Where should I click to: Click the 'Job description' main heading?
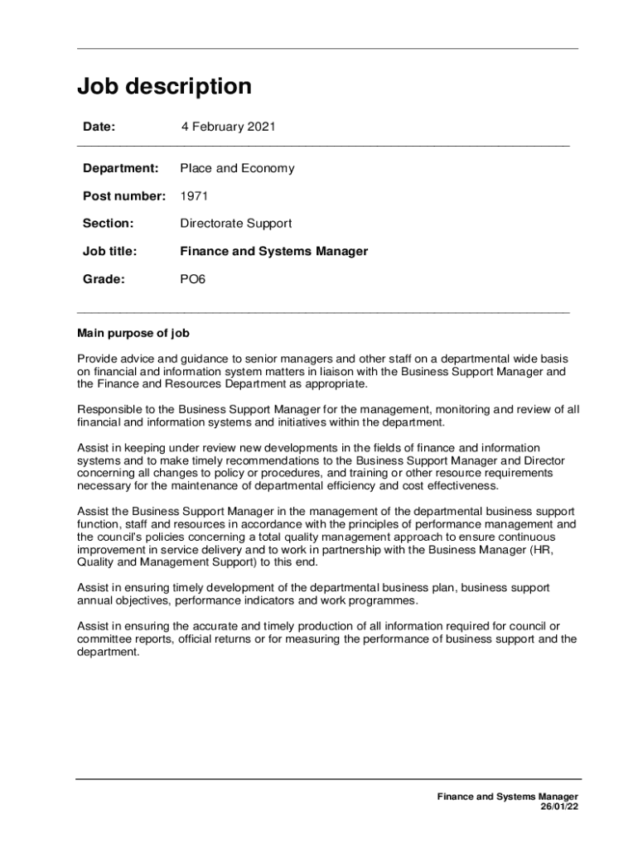coord(164,87)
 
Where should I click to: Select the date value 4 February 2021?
coord(228,127)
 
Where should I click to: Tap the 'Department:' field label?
coord(120,168)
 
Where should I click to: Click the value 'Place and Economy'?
coord(237,168)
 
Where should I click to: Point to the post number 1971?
coord(194,196)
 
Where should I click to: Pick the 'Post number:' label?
coord(123,196)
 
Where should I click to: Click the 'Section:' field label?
coord(108,224)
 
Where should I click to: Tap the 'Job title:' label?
coord(109,251)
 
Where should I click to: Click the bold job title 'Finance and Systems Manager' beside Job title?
coord(274,251)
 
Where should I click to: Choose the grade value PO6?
coord(192,279)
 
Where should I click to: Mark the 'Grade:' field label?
coord(104,279)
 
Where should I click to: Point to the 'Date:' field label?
coord(99,127)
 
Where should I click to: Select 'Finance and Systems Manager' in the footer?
coord(508,797)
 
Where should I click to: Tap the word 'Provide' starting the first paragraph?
coord(98,359)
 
